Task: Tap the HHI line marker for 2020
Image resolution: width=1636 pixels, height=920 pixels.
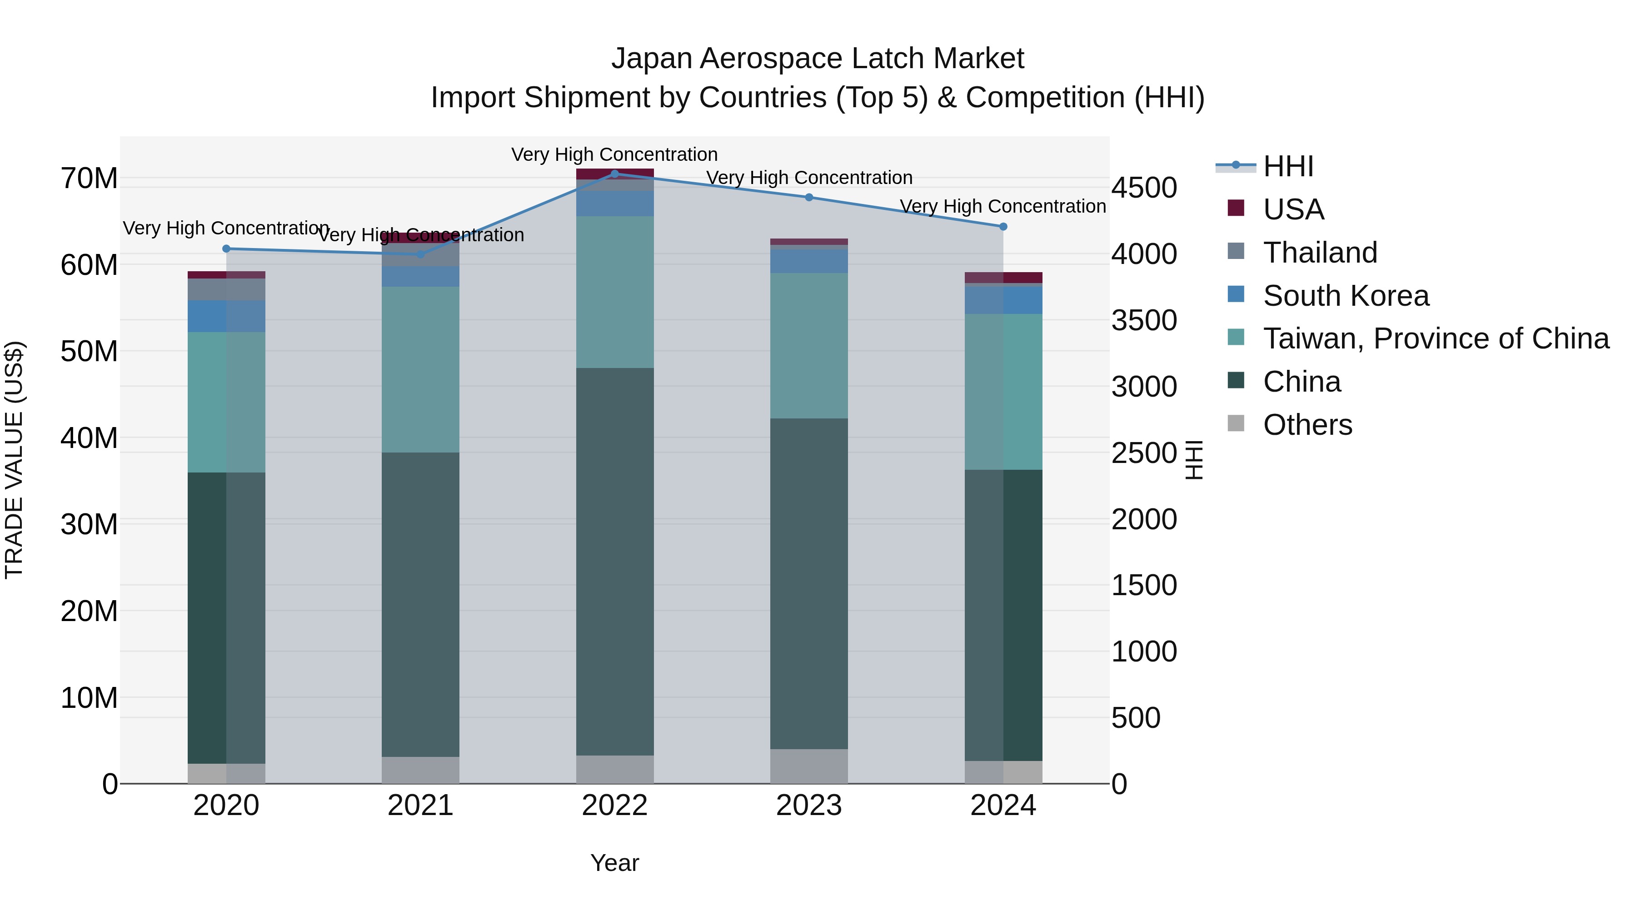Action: coord(226,249)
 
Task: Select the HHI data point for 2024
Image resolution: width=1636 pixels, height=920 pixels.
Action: coord(1003,227)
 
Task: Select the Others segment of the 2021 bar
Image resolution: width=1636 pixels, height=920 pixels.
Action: coord(420,770)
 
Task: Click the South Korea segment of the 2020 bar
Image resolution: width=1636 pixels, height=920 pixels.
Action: coord(226,316)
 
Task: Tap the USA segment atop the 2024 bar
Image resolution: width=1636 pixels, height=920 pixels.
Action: coord(1003,278)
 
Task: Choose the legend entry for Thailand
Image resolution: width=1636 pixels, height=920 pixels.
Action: coord(1320,253)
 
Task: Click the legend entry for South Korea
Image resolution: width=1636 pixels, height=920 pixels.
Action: coord(1346,296)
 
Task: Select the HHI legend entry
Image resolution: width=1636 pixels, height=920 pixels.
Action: coord(1287,166)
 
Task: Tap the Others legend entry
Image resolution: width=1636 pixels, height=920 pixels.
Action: coord(1307,425)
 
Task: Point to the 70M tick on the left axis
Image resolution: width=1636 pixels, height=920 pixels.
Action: coord(89,179)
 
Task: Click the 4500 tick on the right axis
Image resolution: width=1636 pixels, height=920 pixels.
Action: coord(1144,188)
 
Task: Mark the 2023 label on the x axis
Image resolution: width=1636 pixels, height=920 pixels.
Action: coord(808,806)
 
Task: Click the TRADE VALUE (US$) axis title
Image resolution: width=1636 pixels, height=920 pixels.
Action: coord(14,460)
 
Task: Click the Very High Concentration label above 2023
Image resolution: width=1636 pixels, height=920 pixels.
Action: coord(808,178)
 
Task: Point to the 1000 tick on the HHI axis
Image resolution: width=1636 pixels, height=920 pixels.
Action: coord(1144,651)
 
